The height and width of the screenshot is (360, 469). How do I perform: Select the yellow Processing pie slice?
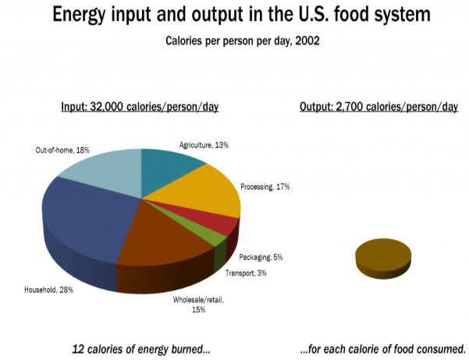[204, 191]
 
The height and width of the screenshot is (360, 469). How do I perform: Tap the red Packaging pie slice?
[222, 224]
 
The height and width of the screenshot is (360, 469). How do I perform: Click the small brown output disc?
[383, 258]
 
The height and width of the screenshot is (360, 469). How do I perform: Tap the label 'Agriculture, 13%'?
[204, 145]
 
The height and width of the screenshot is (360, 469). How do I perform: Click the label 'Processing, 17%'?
[265, 187]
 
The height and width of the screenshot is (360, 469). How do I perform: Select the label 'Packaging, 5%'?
[261, 258]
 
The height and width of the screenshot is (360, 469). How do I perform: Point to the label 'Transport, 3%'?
[246, 273]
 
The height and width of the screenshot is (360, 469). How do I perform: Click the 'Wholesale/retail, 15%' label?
[198, 305]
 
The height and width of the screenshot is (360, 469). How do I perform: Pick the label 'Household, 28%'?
[48, 290]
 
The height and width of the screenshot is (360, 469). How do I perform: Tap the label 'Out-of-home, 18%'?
[62, 150]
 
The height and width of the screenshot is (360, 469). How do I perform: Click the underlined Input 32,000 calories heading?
[140, 107]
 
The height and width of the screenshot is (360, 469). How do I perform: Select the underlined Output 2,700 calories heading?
[378, 107]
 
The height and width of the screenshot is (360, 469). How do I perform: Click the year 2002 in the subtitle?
[307, 41]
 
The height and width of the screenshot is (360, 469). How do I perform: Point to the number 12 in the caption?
[78, 349]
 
